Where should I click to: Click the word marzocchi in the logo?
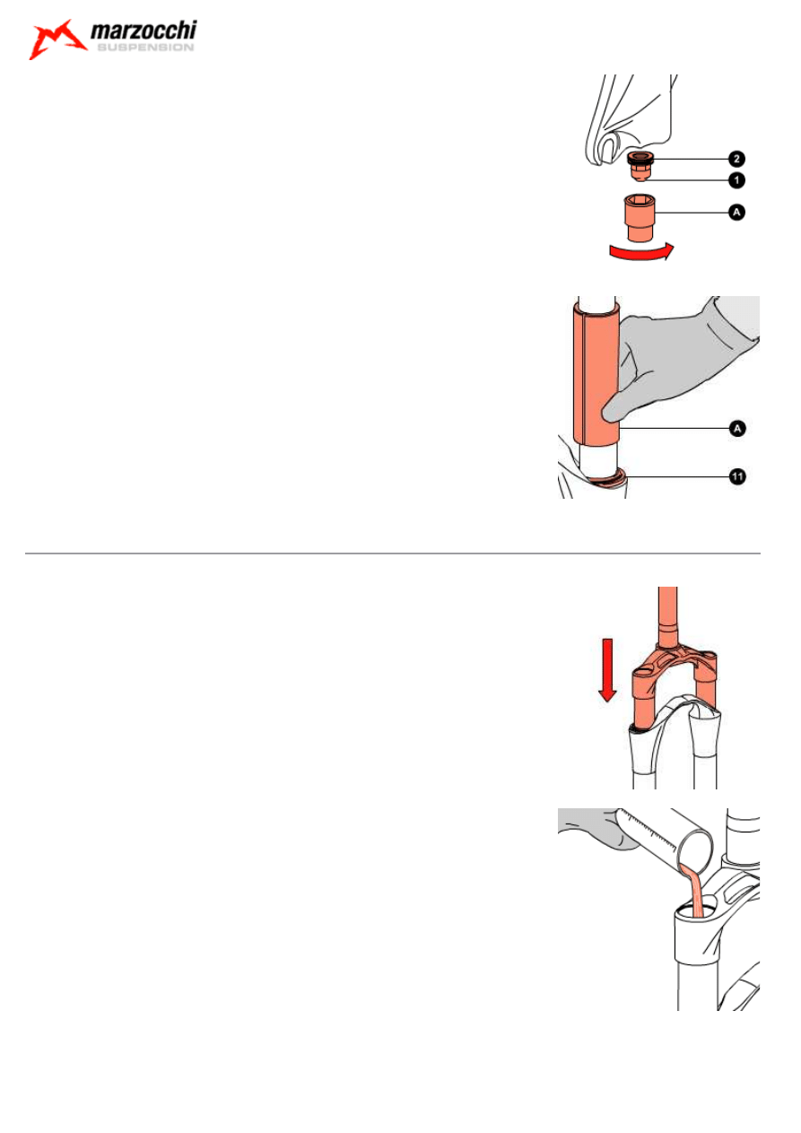[144, 31]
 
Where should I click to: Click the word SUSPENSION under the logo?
[145, 48]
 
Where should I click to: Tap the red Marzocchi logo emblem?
[57, 39]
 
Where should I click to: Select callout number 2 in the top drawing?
[736, 159]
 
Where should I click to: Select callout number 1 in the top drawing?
[736, 180]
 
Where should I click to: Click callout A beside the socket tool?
[736, 212]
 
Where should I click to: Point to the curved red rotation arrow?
[641, 251]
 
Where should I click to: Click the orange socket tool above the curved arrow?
[640, 217]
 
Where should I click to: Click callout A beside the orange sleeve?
[737, 429]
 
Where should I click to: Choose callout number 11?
[737, 476]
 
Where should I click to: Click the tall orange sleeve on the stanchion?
[596, 374]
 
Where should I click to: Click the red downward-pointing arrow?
[607, 670]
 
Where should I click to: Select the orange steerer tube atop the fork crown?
[667, 616]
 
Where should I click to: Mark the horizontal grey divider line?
[392, 553]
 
